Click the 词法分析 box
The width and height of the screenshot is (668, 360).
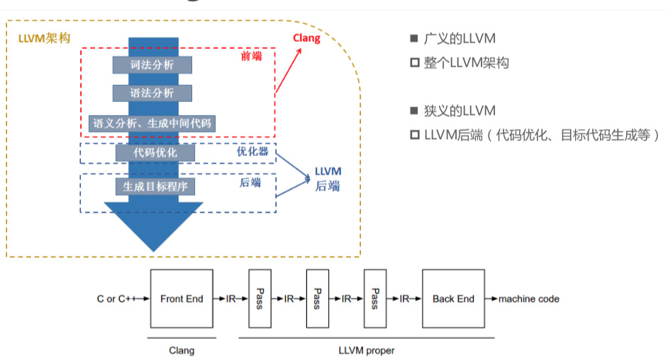tap(152, 64)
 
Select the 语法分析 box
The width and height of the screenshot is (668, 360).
tap(152, 93)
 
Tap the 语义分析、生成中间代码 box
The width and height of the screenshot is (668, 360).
tap(152, 123)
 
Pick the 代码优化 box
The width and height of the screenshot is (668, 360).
tap(155, 152)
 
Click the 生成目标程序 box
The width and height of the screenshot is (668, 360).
tap(155, 186)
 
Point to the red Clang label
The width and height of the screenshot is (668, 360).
tap(307, 38)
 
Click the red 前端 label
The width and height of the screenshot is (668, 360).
tap(251, 56)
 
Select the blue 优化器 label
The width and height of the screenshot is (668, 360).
tap(253, 152)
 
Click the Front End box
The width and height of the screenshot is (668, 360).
tap(182, 298)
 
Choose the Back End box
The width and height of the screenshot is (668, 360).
tap(453, 298)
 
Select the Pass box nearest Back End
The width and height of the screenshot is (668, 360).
tap(375, 298)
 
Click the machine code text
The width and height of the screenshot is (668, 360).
tap(528, 299)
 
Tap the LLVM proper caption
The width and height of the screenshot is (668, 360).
tap(366, 350)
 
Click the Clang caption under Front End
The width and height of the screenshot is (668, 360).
tap(182, 350)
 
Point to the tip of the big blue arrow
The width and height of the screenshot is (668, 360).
tap(153, 250)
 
